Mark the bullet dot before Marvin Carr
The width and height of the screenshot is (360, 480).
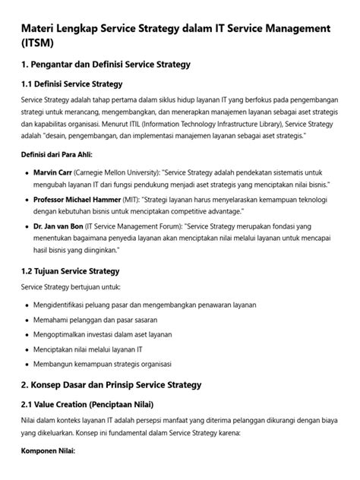[27, 172]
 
